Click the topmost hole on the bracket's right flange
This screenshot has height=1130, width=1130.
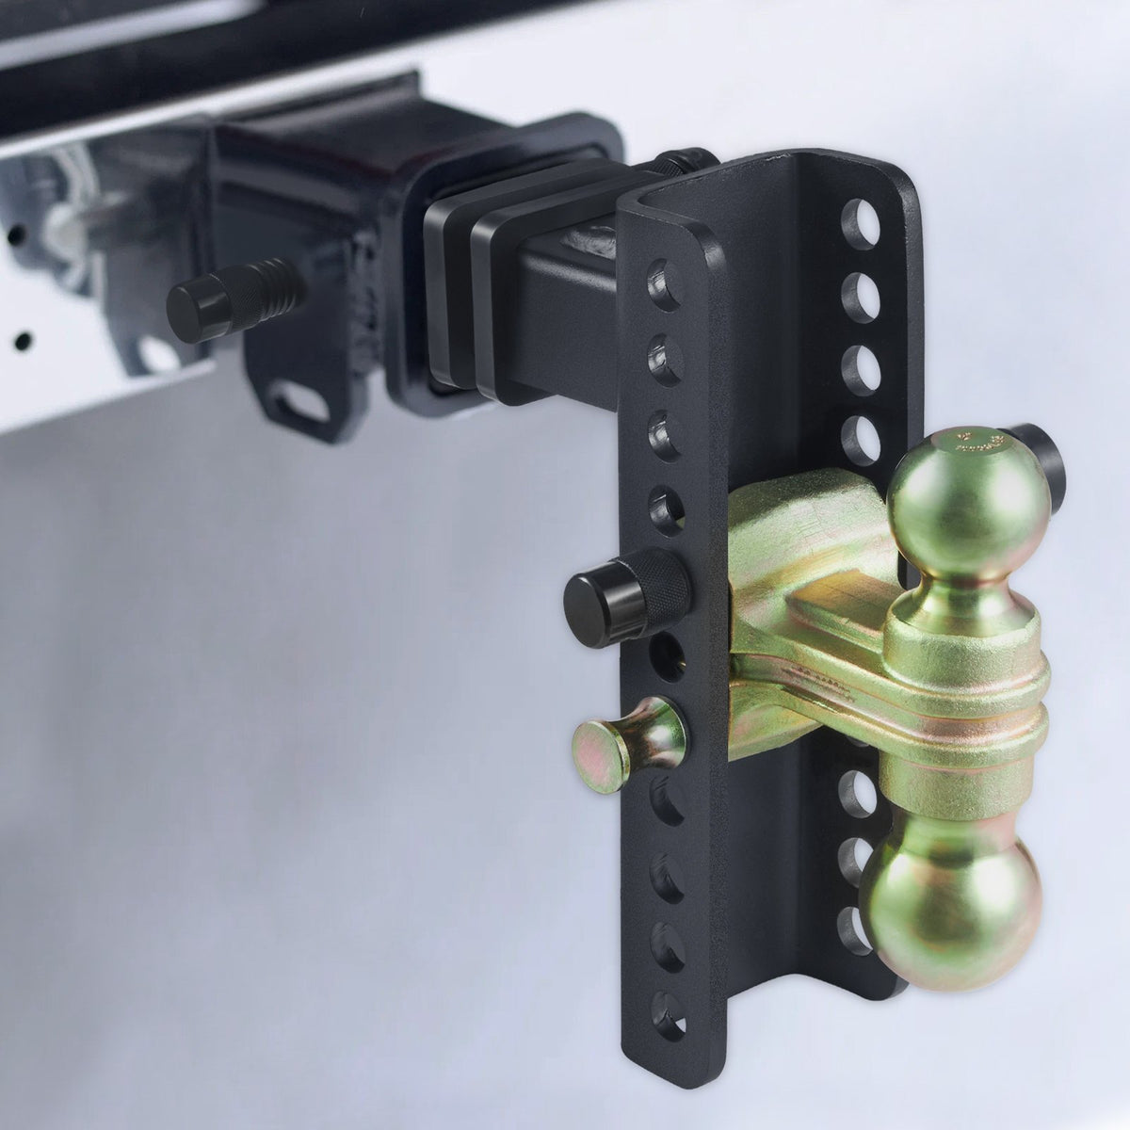(861, 224)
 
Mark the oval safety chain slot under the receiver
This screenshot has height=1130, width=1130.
(301, 401)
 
